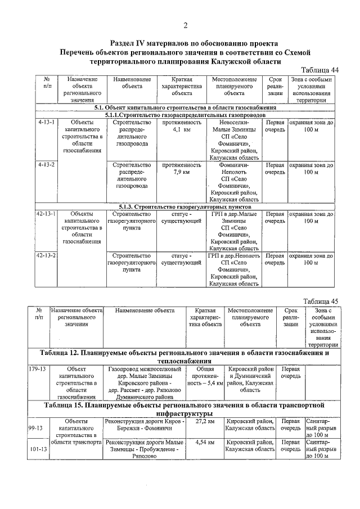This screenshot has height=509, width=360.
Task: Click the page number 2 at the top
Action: (185, 25)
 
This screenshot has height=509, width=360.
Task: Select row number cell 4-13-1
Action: (46, 121)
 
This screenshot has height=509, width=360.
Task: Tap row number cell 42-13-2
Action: (46, 255)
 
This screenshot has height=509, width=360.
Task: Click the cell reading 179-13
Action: (37, 369)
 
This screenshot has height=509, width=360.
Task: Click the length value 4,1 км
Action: (181, 129)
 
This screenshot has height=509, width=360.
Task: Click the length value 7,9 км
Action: (181, 173)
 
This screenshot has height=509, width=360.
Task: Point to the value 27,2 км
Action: (204, 421)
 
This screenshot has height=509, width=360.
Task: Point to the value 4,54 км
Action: (204, 442)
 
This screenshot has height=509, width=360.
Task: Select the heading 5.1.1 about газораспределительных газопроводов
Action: (184, 114)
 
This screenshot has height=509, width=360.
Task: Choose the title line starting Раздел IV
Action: (185, 43)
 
